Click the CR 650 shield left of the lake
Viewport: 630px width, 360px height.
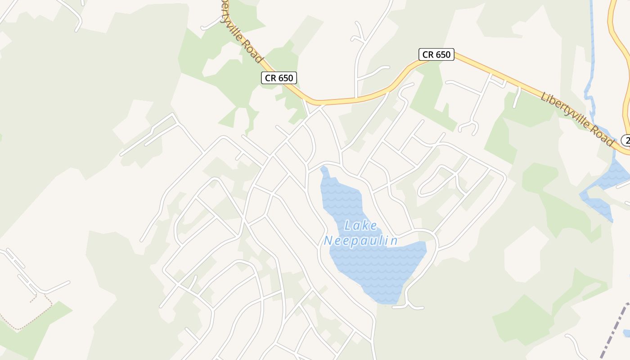[279, 78]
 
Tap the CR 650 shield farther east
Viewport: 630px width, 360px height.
[436, 54]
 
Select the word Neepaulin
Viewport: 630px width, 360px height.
[361, 241]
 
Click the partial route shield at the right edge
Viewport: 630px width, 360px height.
[625, 140]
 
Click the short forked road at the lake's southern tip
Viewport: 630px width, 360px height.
[408, 304]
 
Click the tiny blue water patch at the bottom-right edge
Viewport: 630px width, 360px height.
[627, 333]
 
